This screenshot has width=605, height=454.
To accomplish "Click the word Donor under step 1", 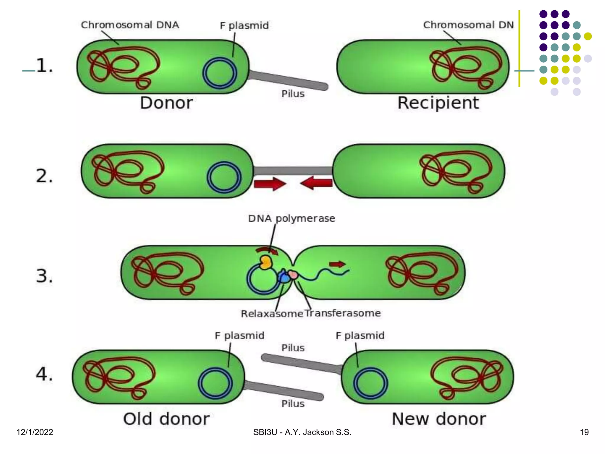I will point(166,103).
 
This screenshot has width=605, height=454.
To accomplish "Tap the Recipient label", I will point(438,103).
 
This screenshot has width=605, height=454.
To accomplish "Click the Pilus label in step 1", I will point(293,94).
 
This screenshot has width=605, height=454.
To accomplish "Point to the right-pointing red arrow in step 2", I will point(270,184).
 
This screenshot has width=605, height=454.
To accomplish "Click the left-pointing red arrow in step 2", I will point(316,183).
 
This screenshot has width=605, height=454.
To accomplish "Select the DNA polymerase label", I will point(292,218).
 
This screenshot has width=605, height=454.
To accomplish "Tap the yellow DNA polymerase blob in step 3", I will point(266,262).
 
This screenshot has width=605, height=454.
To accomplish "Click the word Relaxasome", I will point(272,314).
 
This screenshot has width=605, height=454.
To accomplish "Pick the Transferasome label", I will point(343,313).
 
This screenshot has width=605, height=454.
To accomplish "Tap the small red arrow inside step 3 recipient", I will point(337,264).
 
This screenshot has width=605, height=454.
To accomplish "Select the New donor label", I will point(439,419).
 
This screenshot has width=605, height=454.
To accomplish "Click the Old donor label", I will point(166,419).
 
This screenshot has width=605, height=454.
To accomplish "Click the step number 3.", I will point(44,276).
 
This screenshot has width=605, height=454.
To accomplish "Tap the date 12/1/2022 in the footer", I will point(35,432).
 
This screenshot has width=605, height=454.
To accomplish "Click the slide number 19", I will point(584,432).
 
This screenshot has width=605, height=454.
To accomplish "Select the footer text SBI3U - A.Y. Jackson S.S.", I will point(302,432).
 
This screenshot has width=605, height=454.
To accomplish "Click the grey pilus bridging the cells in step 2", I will point(293,171).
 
